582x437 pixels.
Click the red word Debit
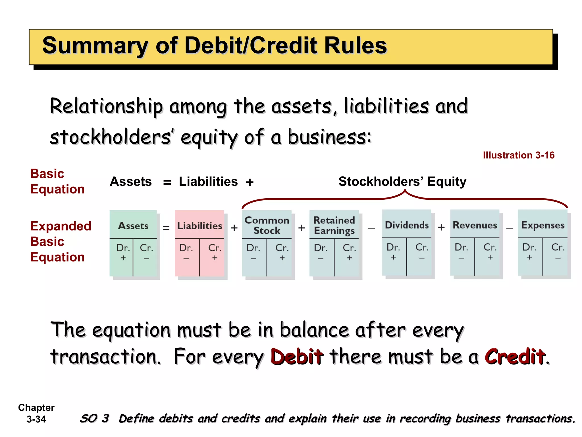pos(297,356)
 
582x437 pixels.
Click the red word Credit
pos(515,356)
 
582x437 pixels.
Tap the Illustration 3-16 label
pos(519,155)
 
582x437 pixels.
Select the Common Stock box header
pos(267,225)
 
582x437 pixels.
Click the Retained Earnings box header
pos(334,225)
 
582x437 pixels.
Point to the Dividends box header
pos(407,225)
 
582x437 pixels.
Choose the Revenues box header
pos(475,225)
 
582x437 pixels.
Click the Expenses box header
pos(542,225)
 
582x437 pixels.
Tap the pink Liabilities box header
pos(199,226)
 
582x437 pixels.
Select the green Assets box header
pos(133,226)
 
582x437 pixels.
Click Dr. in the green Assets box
pos(123,248)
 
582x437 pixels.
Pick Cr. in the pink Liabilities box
pos(215,248)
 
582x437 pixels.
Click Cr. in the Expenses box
pos(558,247)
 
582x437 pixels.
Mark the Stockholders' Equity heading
pos(402,182)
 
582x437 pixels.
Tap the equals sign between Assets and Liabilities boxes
pos(166,228)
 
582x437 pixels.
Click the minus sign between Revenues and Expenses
pos(510,228)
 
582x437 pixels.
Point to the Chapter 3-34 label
pos(36,413)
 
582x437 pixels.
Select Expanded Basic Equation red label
pos(60,241)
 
